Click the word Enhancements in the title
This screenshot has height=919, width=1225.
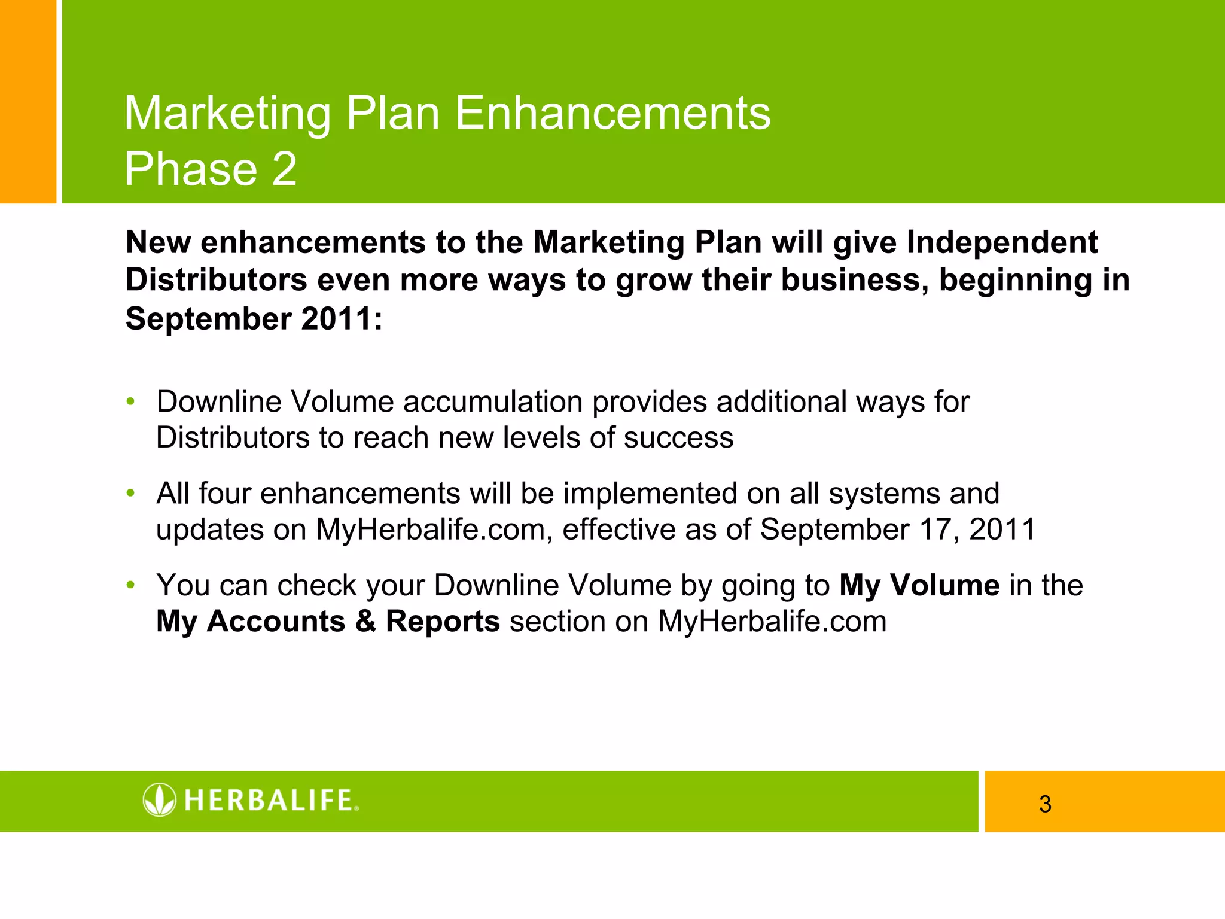(612, 114)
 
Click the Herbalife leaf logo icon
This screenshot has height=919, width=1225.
(160, 799)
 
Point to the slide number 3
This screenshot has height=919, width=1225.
(1045, 804)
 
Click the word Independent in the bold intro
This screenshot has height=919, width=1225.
(1002, 243)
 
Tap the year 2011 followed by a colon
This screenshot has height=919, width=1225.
(339, 319)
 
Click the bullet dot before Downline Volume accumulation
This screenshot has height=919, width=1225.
(130, 401)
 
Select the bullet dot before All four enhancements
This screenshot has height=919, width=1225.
(130, 494)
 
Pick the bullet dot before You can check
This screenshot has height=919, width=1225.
(130, 585)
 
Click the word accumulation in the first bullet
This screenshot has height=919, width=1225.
(493, 402)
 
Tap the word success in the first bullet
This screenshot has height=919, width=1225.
(678, 438)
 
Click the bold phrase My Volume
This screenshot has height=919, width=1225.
(919, 586)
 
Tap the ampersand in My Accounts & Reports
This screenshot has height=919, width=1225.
(365, 622)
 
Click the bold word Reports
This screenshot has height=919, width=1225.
(443, 622)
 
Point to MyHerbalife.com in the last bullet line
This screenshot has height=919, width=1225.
(772, 622)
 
